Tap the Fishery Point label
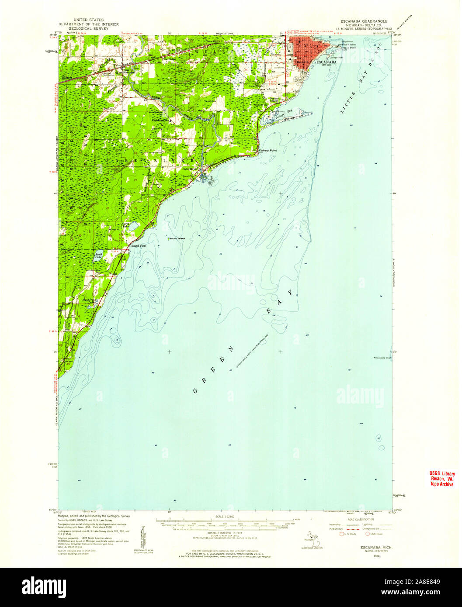click(x=268, y=151)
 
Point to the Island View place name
click(x=138, y=246)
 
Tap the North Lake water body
click(x=134, y=226)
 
